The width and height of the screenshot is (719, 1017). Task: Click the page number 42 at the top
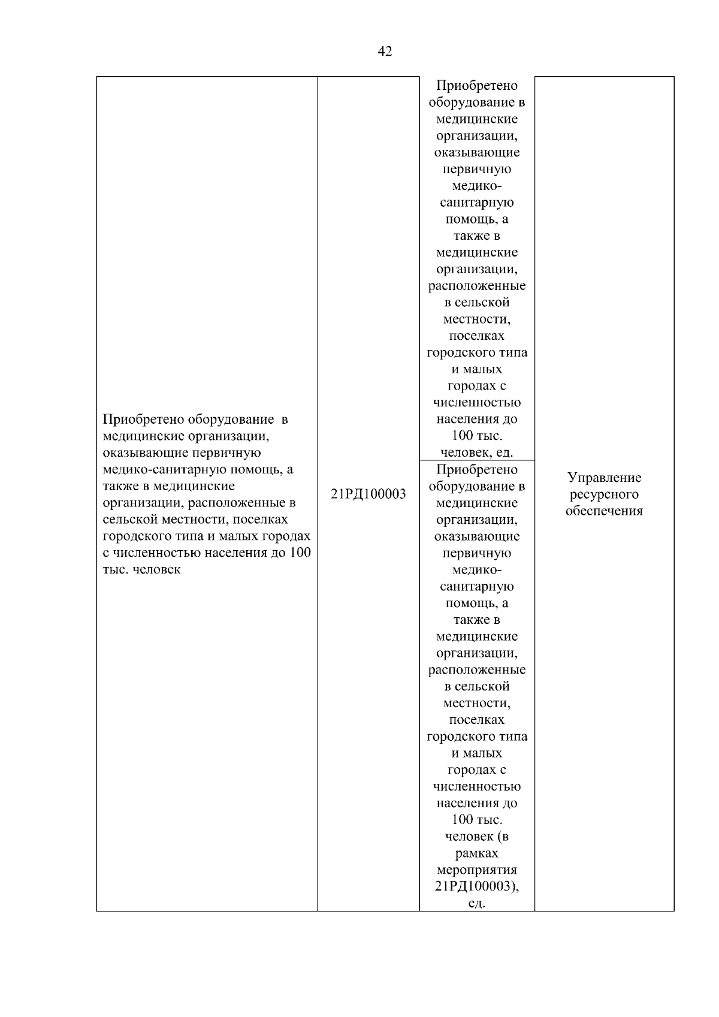click(385, 52)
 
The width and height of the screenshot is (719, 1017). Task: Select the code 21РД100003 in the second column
click(368, 494)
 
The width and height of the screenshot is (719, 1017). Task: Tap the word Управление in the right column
click(604, 478)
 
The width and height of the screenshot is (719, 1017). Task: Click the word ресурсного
click(604, 494)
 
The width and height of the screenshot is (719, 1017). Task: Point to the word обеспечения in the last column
click(604, 511)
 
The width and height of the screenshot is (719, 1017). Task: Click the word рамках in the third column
click(477, 853)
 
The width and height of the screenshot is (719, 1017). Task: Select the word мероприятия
click(477, 870)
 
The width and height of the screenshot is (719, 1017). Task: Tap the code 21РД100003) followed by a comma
click(477, 886)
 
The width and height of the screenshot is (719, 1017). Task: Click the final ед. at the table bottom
click(477, 903)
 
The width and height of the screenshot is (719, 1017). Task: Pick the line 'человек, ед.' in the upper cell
click(477, 452)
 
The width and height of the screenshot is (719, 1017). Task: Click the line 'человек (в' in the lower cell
click(477, 837)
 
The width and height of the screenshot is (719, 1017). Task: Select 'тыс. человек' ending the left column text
click(141, 569)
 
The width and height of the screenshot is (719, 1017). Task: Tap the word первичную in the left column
click(229, 452)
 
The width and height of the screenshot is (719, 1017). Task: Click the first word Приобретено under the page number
click(477, 86)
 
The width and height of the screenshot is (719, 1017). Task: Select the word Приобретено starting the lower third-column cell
click(477, 469)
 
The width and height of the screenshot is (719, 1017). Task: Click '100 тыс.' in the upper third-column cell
click(477, 436)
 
